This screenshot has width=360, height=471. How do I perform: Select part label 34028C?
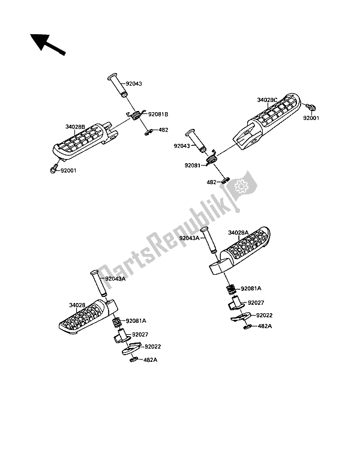coord(268,100)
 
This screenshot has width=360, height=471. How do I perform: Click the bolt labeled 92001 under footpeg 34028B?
coord(54,169)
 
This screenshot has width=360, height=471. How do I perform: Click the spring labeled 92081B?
coord(135,115)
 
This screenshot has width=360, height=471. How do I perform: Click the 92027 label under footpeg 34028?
coord(142,334)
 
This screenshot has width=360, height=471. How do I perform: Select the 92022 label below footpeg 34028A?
coord(265,315)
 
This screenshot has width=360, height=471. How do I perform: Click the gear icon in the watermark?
coord(242,187)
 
